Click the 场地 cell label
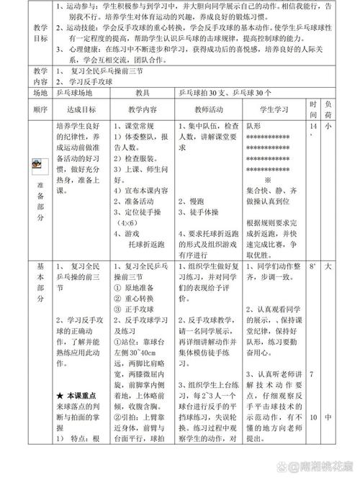(40, 94)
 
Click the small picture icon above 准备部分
(37, 165)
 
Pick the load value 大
(328, 266)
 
